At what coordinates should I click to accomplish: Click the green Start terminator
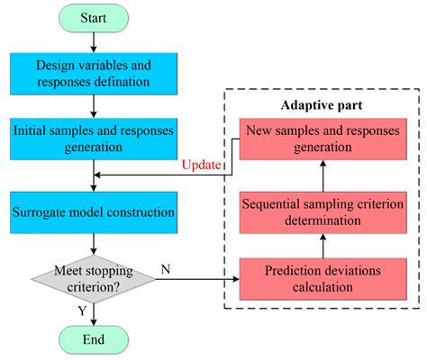[94, 18]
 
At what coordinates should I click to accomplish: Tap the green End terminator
[94, 339]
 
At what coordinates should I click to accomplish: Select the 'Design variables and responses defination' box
[94, 73]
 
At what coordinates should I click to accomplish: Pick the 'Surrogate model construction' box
[94, 212]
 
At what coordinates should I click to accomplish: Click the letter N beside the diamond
[166, 267]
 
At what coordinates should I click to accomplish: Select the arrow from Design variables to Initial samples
[94, 105]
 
